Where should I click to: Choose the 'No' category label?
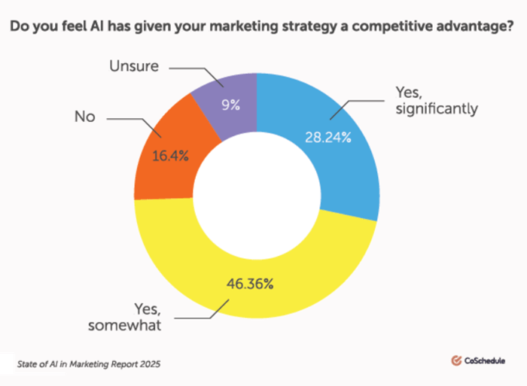84,117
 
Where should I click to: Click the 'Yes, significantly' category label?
436,101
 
